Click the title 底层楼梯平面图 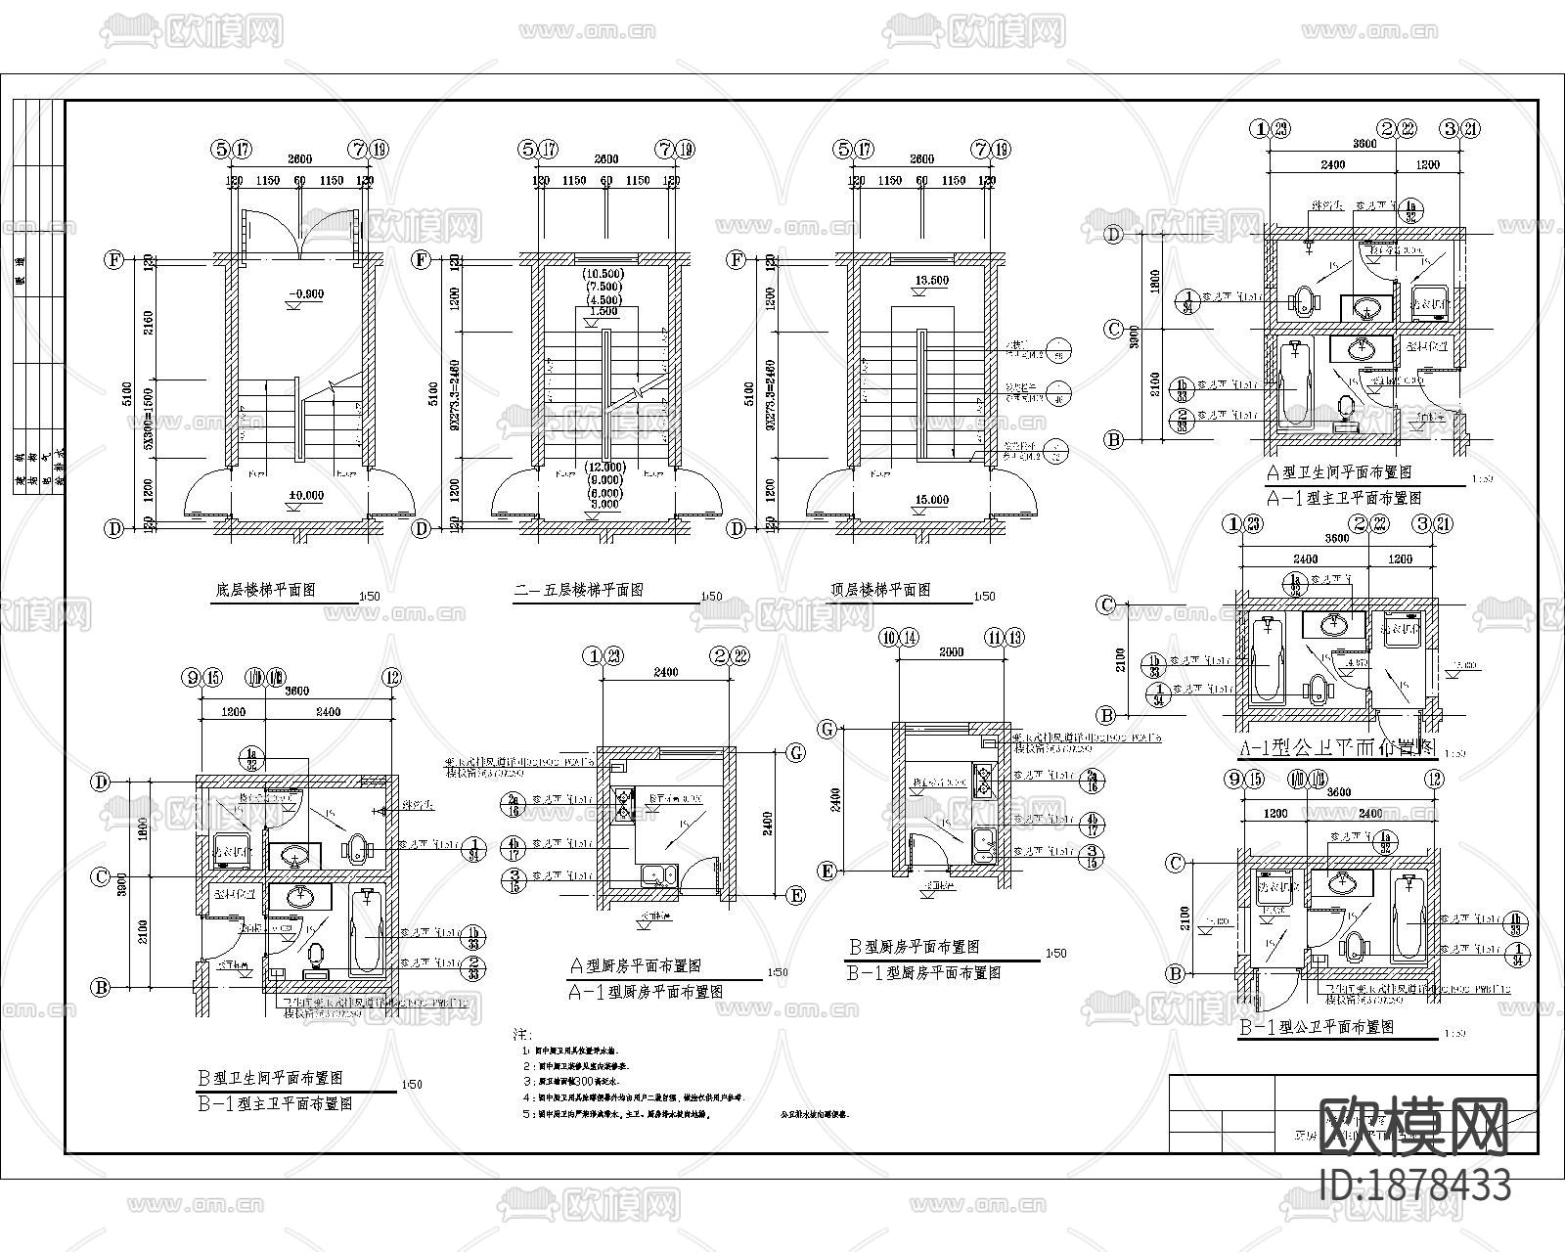point(265,591)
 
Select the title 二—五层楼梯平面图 point(578,591)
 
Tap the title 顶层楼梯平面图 point(880,590)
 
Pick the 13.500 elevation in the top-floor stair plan point(930,280)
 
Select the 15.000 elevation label point(930,500)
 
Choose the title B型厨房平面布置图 point(913,947)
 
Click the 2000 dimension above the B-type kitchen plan point(950,651)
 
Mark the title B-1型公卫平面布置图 point(1316,1028)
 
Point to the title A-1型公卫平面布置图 point(1322,748)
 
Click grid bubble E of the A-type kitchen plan point(796,895)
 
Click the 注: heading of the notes point(522,1035)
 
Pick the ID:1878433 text point(1414,1185)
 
